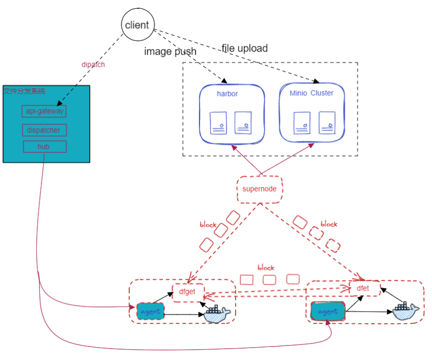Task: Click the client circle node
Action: (x=137, y=25)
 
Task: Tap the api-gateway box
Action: (x=45, y=111)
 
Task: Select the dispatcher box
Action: (x=45, y=130)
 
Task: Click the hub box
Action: (x=45, y=147)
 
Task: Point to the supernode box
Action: (x=260, y=189)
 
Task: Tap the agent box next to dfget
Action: (x=151, y=311)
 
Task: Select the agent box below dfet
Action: (x=328, y=311)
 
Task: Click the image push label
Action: (x=170, y=51)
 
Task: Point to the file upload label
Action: (x=244, y=48)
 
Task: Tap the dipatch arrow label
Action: (x=93, y=65)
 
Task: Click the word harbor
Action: (x=227, y=94)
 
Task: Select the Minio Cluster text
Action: (x=311, y=93)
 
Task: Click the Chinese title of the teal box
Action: (x=24, y=91)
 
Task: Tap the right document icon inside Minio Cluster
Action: (x=327, y=123)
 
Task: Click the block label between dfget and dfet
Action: (x=266, y=268)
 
